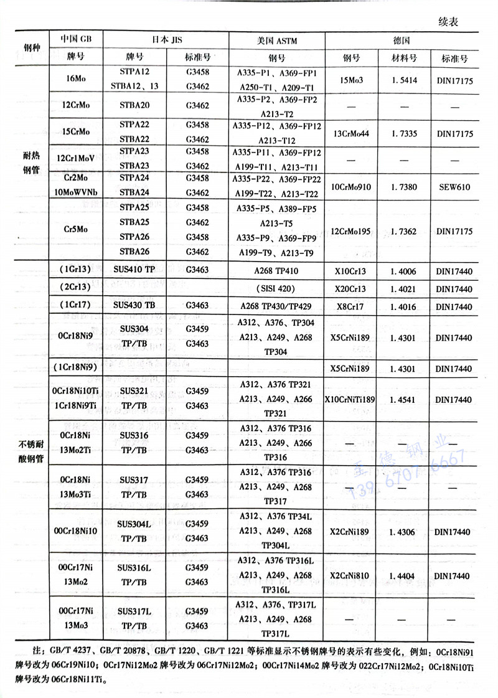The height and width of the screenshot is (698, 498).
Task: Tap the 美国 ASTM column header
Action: [277, 40]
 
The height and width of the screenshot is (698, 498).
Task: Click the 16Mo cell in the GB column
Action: [75, 79]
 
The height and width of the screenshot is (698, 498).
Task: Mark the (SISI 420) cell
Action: [277, 289]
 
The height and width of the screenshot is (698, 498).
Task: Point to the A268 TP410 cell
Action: [277, 270]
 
